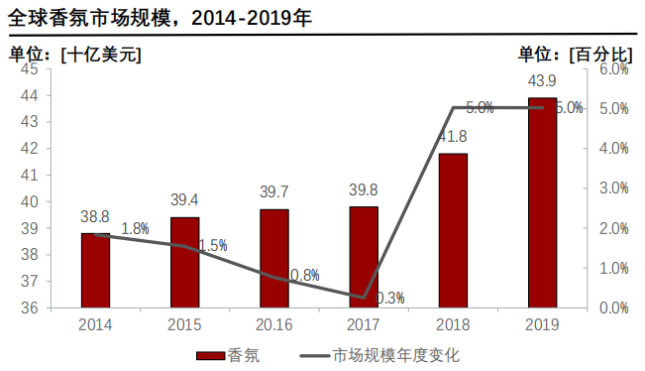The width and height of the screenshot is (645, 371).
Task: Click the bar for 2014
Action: click(x=95, y=270)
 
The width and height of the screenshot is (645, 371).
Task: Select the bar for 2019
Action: click(x=542, y=203)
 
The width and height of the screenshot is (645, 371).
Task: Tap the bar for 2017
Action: click(x=364, y=257)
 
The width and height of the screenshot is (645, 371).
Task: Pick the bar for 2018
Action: click(x=453, y=230)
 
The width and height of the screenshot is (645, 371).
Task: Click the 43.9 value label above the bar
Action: click(x=542, y=80)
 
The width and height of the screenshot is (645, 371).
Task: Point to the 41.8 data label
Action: click(x=453, y=136)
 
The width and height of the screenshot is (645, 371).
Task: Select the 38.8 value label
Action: click(x=95, y=215)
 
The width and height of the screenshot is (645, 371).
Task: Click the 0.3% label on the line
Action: click(x=390, y=298)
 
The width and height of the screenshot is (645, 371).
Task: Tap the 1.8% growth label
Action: click(x=135, y=229)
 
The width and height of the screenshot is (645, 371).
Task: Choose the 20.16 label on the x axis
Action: click(x=274, y=324)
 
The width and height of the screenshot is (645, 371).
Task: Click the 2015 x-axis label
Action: click(x=184, y=324)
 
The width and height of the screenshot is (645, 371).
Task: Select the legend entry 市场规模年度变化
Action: click(x=381, y=355)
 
